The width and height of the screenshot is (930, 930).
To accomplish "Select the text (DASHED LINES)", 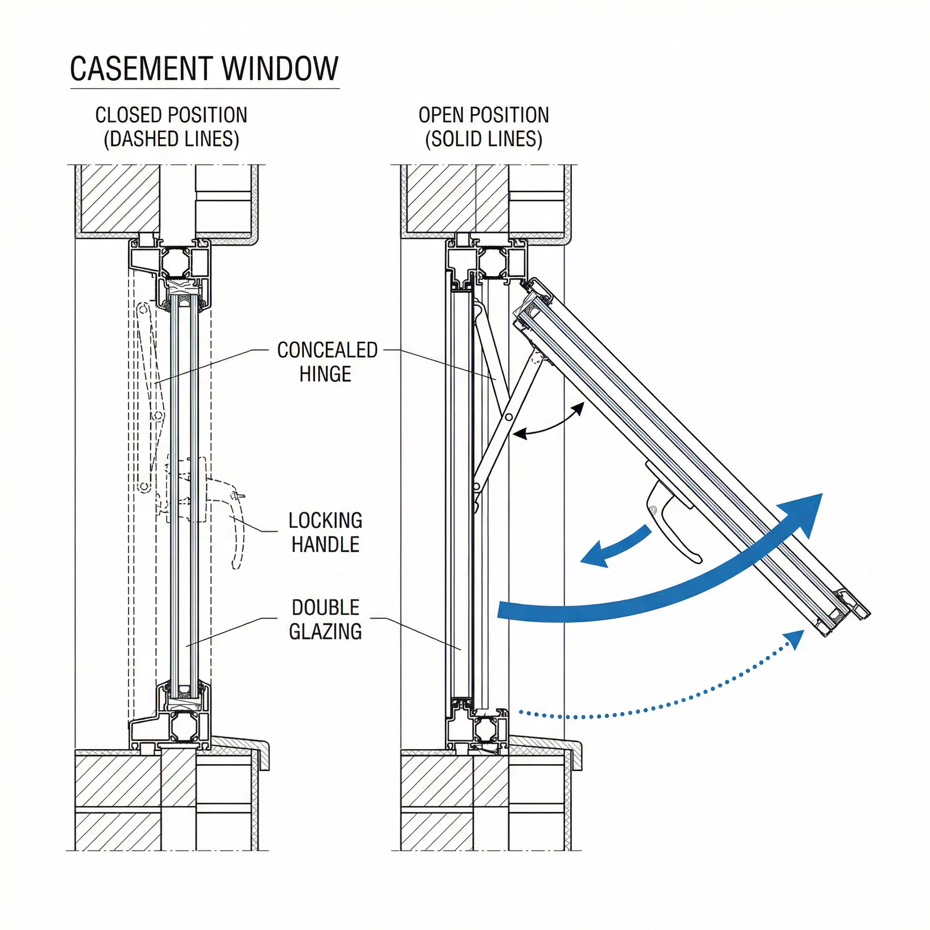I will (x=171, y=139).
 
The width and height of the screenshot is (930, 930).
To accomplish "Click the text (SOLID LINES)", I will (x=483, y=139).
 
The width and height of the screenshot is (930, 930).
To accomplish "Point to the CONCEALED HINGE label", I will (x=326, y=362).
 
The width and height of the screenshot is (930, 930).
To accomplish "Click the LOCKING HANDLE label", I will (x=325, y=532).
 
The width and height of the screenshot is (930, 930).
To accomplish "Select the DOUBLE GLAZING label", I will (x=325, y=620).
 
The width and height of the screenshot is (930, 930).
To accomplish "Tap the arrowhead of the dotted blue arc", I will (x=794, y=639).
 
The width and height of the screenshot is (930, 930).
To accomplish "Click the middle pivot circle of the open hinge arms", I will (x=509, y=417).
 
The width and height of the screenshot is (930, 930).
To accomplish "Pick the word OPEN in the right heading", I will (x=441, y=115).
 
